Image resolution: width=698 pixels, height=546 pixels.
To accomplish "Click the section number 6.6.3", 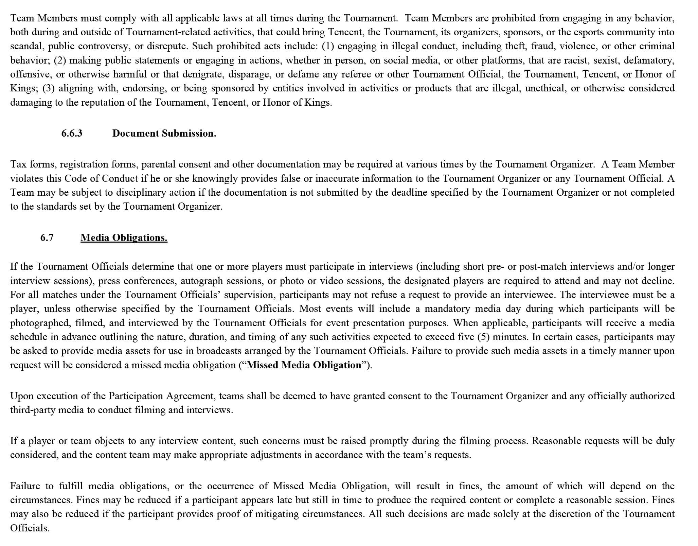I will click(x=72, y=133).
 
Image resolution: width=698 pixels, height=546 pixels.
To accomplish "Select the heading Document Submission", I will click(x=164, y=133).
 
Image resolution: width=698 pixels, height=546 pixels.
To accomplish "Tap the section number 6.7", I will click(x=47, y=237).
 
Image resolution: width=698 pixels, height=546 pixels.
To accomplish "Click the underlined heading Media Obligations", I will click(x=124, y=237).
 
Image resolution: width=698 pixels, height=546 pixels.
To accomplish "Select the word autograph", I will click(x=201, y=281).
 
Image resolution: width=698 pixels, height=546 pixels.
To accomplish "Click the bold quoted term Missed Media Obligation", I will click(x=304, y=365).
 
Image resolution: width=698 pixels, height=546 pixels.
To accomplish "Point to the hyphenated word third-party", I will click(x=32, y=410).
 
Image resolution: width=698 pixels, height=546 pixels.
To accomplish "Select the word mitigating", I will click(x=280, y=514).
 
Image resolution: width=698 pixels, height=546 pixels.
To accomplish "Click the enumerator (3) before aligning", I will click(x=48, y=88).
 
